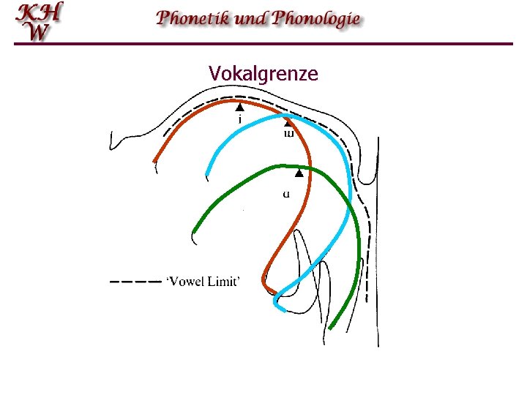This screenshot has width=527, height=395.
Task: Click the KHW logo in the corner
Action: pyautogui.click(x=40, y=21)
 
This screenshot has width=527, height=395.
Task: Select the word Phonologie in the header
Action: pyautogui.click(x=316, y=18)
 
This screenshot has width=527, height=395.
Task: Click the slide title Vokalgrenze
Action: pyautogui.click(x=263, y=73)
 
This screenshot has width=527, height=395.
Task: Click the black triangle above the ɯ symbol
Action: pyautogui.click(x=288, y=122)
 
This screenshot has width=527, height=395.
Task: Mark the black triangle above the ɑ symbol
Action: pyautogui.click(x=299, y=174)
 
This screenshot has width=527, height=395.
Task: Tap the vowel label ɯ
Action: pyautogui.click(x=288, y=133)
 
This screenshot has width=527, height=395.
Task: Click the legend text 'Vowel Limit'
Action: pyautogui.click(x=202, y=282)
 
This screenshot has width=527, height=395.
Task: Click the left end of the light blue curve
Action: pyautogui.click(x=207, y=176)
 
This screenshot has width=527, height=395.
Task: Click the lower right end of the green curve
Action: pyautogui.click(x=332, y=327)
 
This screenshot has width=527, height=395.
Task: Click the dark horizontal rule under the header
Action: pyautogui.click(x=263, y=44)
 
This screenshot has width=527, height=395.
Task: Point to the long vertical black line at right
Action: pyautogui.click(x=378, y=241)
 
